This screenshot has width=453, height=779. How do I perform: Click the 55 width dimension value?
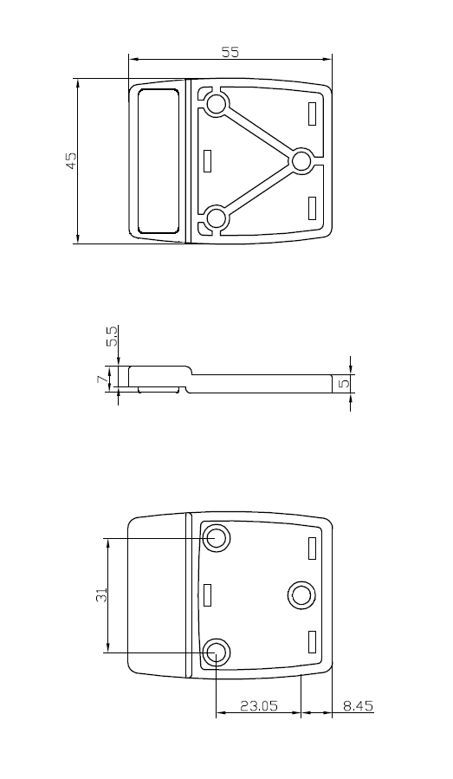[x=230, y=52]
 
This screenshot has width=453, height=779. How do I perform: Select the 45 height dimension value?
[x=71, y=160]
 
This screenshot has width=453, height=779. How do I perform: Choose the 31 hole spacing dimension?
[x=101, y=595]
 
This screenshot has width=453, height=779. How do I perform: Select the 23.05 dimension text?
[x=258, y=706]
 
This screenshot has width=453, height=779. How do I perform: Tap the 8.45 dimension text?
[x=358, y=706]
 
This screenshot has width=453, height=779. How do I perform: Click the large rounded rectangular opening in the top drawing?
[x=158, y=160]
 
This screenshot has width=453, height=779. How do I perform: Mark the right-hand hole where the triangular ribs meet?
[x=301, y=160]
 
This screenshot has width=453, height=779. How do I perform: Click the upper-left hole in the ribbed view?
[x=216, y=106]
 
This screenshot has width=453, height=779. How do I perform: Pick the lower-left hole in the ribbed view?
[x=216, y=217]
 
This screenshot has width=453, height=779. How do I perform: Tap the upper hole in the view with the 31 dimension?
[x=216, y=539]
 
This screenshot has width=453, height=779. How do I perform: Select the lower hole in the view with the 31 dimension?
[x=216, y=652]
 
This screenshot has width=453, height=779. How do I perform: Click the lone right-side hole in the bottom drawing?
[x=301, y=594]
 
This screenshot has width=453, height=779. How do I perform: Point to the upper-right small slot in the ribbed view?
[x=312, y=113]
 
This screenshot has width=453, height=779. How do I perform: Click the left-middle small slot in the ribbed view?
[x=207, y=161]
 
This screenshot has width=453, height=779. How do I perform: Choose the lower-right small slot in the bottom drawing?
[x=312, y=642]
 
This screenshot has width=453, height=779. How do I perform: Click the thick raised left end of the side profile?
[x=156, y=377]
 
